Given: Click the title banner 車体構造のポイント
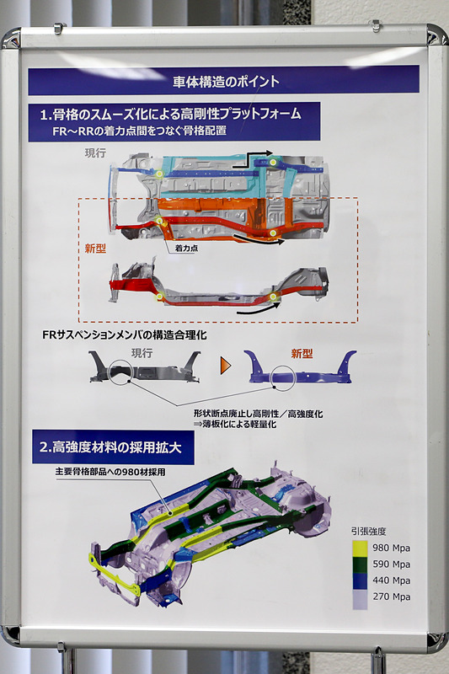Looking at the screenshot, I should point(224,82).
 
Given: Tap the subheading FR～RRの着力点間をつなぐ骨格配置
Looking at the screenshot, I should point(139,130).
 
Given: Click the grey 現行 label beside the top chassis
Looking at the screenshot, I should point(95,152).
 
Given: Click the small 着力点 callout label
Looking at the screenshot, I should point(186,249).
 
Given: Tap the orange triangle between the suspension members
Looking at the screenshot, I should point(224,366).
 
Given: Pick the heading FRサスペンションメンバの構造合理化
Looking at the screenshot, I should point(124,335).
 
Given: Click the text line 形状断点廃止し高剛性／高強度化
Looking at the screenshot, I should point(258,414).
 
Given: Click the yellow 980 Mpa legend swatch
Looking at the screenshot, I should point(360,548).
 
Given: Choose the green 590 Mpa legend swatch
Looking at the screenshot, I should point(360,564).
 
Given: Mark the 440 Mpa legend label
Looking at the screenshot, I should point(390,580).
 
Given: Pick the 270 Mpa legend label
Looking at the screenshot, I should point(390,596).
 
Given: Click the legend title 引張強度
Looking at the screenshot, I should point(369,532).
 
